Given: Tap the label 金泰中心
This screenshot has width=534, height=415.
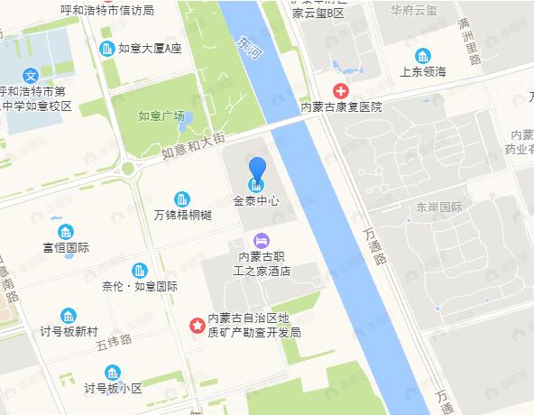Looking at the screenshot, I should point(257,200).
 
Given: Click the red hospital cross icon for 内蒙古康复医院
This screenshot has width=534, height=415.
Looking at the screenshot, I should point(341,90).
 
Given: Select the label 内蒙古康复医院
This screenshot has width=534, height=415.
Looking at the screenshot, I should point(341,106).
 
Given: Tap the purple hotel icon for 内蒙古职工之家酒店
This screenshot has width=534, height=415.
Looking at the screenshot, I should point(261,240).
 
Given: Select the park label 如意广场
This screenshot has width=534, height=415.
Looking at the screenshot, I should point(161,115).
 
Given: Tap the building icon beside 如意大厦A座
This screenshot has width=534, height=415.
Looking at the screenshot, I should point(106,48).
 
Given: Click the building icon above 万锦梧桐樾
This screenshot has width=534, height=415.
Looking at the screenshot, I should point(181,198).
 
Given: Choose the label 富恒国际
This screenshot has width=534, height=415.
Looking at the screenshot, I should point(66,247).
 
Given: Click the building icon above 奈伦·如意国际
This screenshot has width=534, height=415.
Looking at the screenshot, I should point(140,270).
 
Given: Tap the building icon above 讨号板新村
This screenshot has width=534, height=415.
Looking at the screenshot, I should point(69,316).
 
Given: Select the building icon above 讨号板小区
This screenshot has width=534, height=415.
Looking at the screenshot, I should point(113,373).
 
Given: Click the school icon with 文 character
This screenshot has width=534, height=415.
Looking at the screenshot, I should point(31,76).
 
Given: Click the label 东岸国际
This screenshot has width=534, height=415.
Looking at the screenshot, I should point(439,207).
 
